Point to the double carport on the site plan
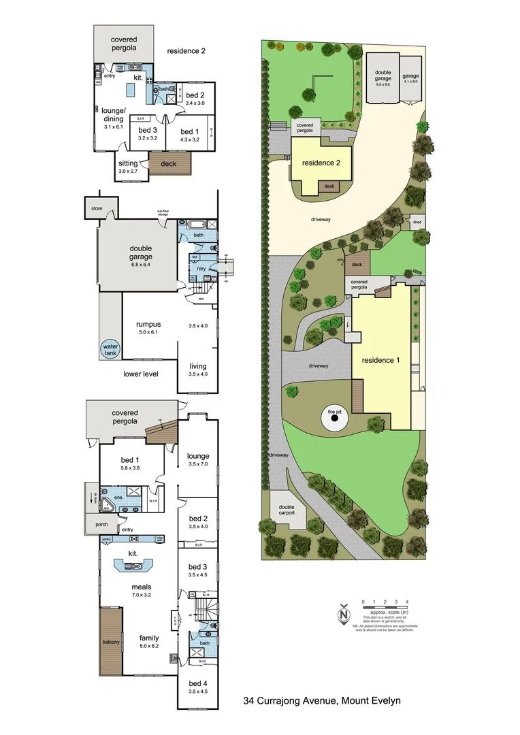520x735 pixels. (287, 510)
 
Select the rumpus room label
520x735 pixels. (148, 324)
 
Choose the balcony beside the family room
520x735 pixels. (111, 641)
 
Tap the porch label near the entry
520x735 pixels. (101, 523)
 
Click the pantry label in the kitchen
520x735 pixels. (106, 538)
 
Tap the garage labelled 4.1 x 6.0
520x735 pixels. (410, 79)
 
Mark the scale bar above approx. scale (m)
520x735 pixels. (385, 608)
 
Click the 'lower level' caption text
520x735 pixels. (141, 374)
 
